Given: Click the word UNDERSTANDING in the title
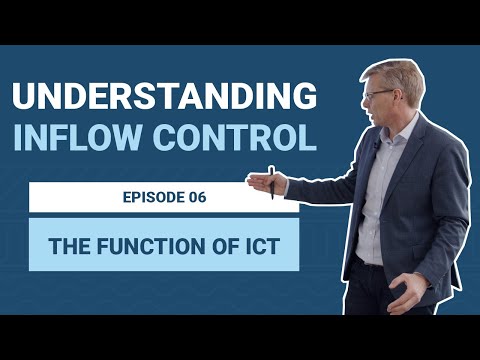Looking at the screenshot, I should [x=164, y=97].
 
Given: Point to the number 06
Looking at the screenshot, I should [x=194, y=197].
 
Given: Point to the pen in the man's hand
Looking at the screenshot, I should [x=271, y=182].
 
